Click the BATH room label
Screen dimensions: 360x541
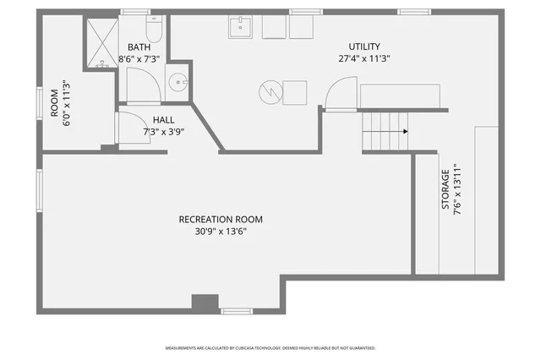pos(139,47)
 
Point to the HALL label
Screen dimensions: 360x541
pos(164,119)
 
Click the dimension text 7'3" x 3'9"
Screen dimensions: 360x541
pos(164,131)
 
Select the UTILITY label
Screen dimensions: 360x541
pos(364,46)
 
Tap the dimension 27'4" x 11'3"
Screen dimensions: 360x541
pos(364,58)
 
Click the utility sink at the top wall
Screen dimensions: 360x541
pos(242,27)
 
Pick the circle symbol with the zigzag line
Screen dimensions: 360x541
pos(269,89)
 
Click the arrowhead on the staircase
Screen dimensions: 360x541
pos(405,131)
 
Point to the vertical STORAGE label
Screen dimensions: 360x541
pos(445,192)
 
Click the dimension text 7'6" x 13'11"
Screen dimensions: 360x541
pos(457,192)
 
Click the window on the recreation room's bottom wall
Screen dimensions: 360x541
pos(237,311)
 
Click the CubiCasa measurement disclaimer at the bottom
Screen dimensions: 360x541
pos(270,347)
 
